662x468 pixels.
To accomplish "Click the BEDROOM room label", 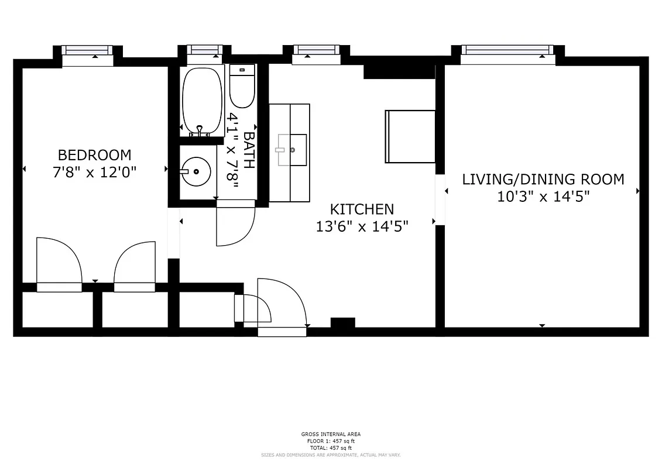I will [94, 155].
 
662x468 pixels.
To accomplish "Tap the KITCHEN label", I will [362, 209].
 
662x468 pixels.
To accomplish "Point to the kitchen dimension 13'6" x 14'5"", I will [362, 226].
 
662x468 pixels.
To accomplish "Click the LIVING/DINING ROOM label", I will [543, 179].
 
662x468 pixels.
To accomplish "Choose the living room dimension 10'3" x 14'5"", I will [543, 196].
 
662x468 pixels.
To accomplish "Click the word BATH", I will [249, 150].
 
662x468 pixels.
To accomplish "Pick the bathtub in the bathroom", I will [202, 100].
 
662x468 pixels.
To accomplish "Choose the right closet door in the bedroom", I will [135, 266].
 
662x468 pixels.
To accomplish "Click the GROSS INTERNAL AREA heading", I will [331, 434].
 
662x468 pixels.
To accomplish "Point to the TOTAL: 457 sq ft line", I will [331, 448].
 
